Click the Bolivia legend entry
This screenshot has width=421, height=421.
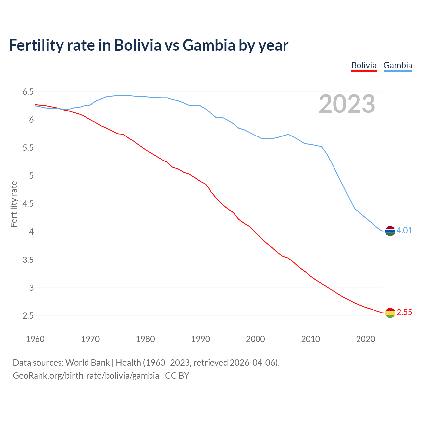pos(363,65)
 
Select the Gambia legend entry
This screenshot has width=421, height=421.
pos(398,65)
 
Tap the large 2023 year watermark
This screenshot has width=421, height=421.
pos(347,104)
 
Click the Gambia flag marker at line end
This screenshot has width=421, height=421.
pos(390,231)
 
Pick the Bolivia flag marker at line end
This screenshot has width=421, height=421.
pos(390,313)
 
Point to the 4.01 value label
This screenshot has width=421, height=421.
pos(404,230)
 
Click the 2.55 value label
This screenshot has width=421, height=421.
pos(404,312)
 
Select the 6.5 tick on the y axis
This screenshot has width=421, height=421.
pos(28,92)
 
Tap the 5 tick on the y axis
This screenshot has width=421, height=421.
pos(31,176)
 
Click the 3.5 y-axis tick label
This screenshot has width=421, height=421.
pos(28,260)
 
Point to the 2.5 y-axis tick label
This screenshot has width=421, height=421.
pos(28,316)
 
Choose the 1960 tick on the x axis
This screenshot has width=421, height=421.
pos(35,339)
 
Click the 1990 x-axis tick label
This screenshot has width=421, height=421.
pos(200,339)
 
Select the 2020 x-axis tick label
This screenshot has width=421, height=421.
pos(365,339)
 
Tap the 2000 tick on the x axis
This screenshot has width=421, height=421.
pos(255,339)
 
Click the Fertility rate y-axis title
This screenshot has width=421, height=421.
pos(14,204)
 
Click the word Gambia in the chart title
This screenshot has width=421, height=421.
pos(209,45)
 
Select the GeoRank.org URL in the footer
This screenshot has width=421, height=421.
pos(86,376)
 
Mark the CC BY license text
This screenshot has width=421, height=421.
pos(177,376)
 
